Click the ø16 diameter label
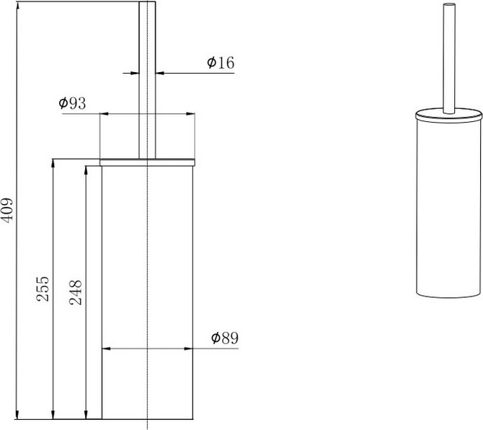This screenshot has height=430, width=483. pyautogui.click(x=221, y=63)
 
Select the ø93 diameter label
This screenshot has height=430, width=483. pyautogui.click(x=72, y=103)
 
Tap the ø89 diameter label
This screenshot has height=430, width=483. pyautogui.click(x=225, y=338)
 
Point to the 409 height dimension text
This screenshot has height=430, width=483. pyautogui.click(x=7, y=210)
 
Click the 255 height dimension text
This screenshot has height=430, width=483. pyautogui.click(x=43, y=289)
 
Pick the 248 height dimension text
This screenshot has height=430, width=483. pyautogui.click(x=76, y=292)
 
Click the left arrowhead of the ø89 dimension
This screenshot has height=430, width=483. pyautogui.click(x=106, y=348)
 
